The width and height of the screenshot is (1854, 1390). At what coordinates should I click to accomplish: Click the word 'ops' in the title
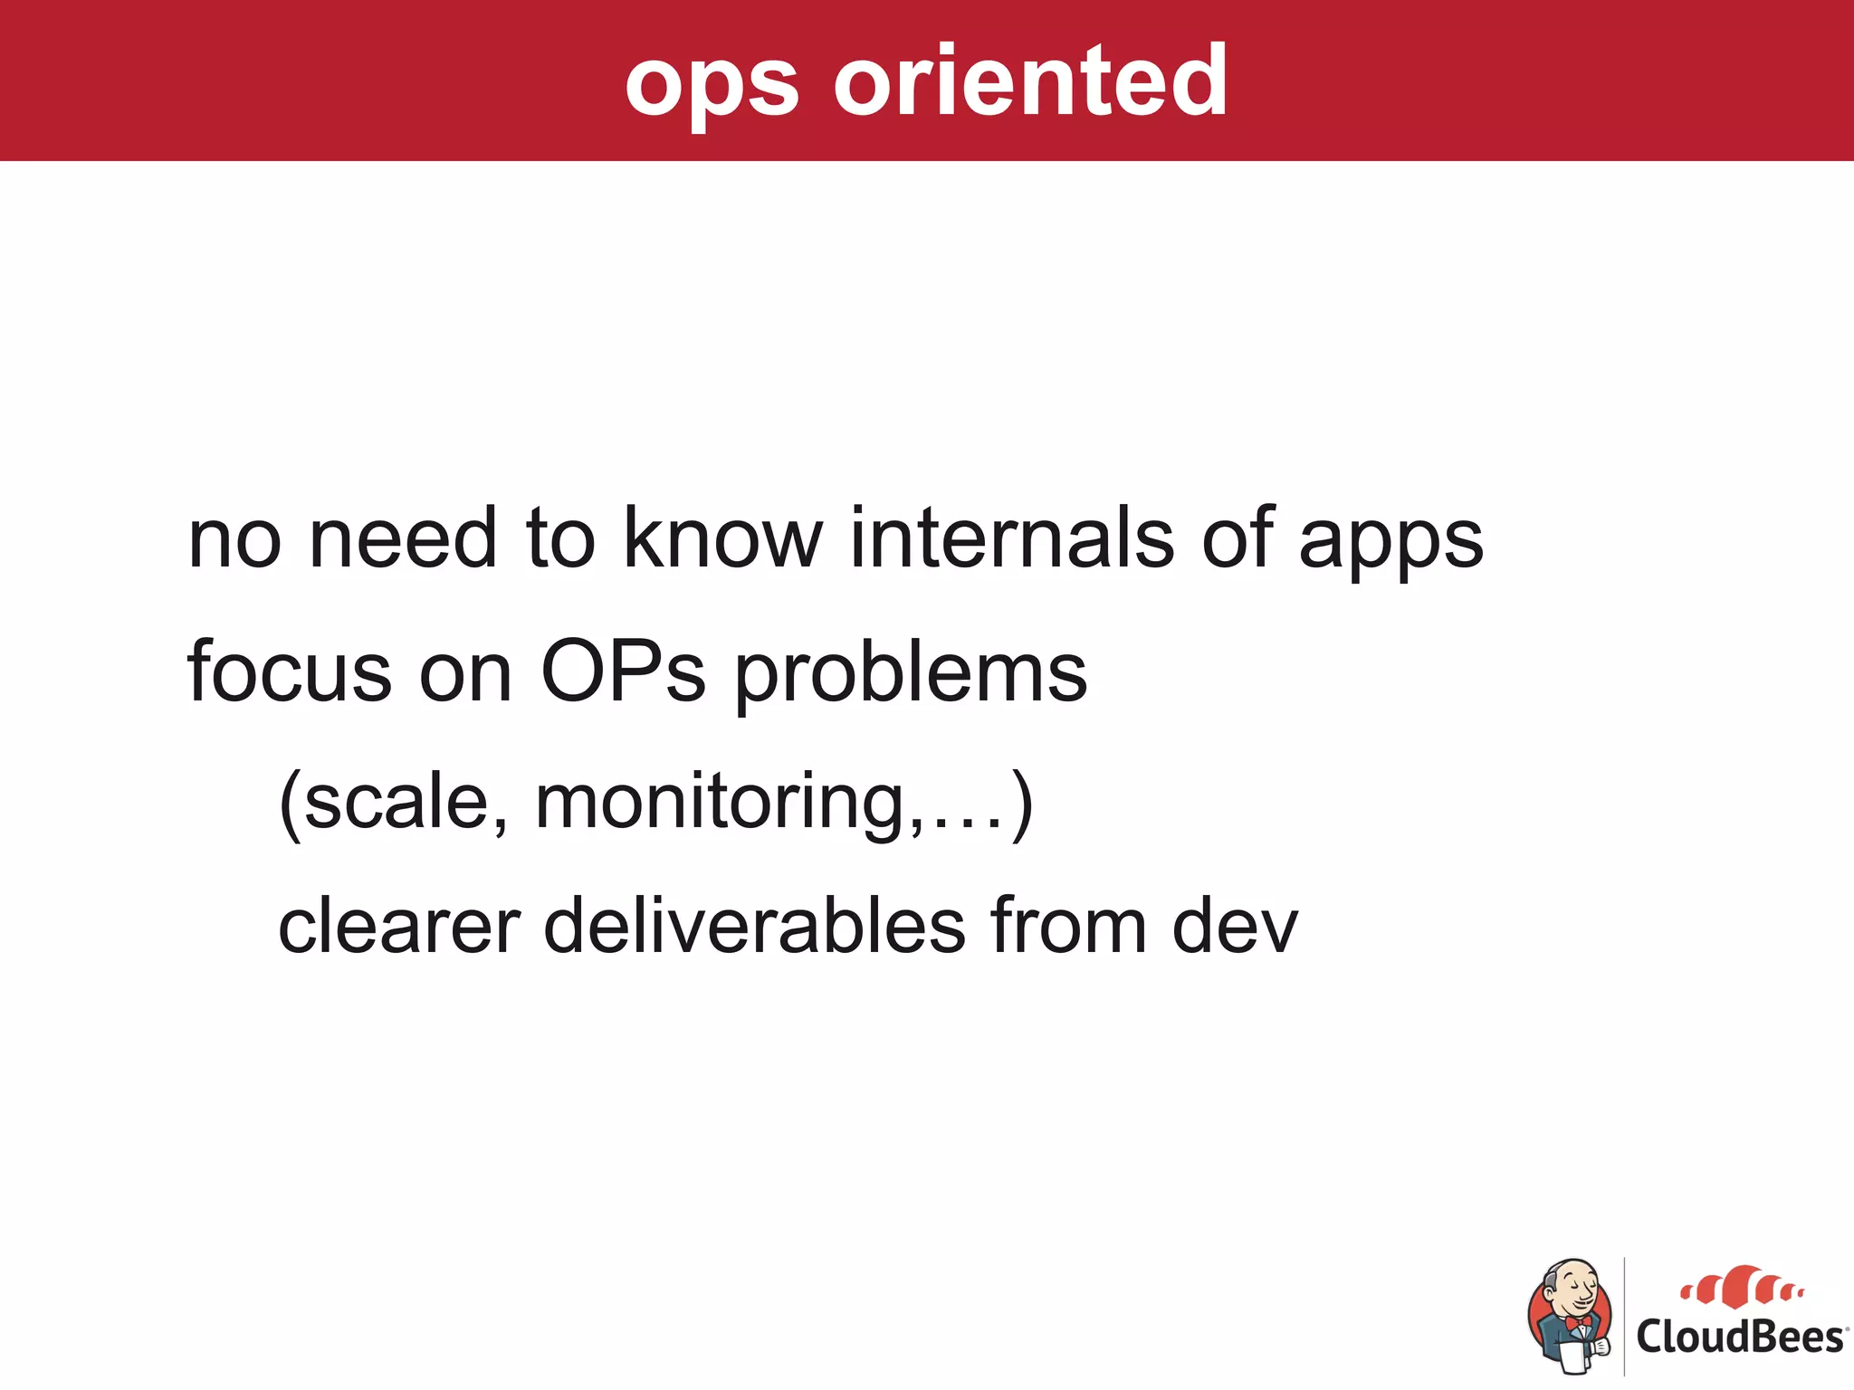[x=712, y=86]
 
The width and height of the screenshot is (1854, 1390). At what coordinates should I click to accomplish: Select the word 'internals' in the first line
[x=1011, y=539]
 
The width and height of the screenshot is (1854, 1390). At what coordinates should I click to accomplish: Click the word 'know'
[x=722, y=539]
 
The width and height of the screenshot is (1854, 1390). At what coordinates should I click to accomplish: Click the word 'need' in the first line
[x=403, y=539]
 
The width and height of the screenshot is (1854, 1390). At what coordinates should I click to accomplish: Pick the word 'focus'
[x=289, y=672]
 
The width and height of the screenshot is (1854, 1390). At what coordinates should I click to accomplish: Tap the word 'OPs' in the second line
[x=623, y=672]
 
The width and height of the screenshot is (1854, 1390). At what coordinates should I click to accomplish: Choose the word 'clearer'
[x=398, y=928]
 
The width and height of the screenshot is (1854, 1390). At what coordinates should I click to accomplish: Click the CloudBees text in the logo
[x=1739, y=1338]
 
